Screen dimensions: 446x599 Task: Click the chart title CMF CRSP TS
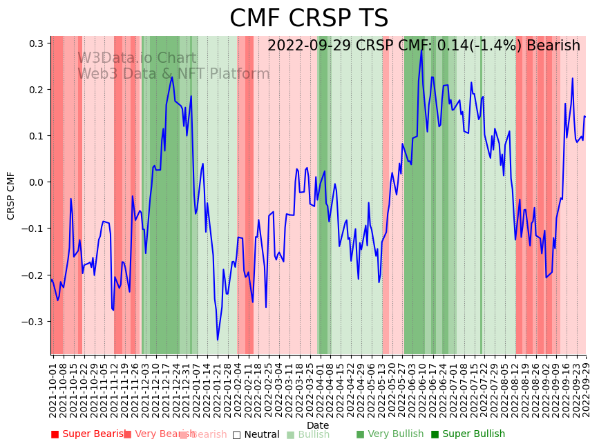point(309,19)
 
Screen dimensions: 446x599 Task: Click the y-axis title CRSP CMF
point(11,195)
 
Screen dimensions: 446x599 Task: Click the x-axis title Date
point(318,425)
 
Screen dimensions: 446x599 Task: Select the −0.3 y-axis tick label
point(34,322)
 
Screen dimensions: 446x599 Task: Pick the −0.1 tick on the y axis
point(34,229)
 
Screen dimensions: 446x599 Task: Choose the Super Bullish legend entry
point(468,434)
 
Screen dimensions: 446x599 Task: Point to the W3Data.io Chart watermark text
point(137,59)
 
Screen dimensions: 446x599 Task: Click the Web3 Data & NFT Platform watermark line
point(173,75)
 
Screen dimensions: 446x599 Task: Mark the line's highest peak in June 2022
point(421,50)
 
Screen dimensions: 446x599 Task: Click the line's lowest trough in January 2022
point(218,340)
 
